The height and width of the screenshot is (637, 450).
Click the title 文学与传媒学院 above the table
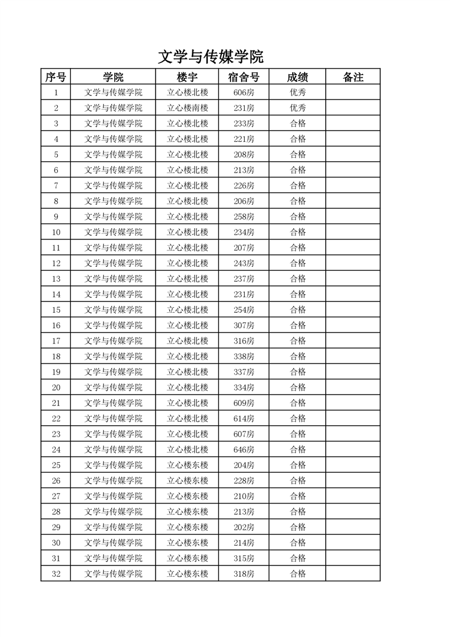click(x=211, y=57)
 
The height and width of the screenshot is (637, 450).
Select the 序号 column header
click(x=56, y=77)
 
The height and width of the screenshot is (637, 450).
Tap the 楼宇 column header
click(x=187, y=77)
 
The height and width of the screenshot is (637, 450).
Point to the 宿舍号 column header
click(x=244, y=77)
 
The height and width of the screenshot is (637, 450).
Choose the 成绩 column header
click(x=297, y=77)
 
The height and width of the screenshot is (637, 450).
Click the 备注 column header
click(x=353, y=77)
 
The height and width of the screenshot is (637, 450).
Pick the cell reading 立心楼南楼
click(x=187, y=108)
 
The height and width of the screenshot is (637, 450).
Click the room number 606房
click(x=244, y=93)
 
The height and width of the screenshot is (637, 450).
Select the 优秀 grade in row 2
click(x=297, y=108)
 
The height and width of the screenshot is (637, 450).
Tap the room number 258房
click(x=244, y=216)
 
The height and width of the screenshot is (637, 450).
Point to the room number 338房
click(x=244, y=357)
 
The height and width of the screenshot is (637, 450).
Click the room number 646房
click(x=244, y=450)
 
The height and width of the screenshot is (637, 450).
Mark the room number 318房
click(x=244, y=574)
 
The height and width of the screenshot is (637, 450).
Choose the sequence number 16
click(x=56, y=325)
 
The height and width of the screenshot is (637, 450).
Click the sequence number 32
click(x=56, y=574)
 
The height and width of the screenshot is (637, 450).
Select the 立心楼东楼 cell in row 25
click(x=187, y=465)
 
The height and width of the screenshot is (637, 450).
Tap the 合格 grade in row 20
click(x=297, y=387)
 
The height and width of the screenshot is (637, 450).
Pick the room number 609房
click(x=244, y=403)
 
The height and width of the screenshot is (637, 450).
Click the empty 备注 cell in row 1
click(x=353, y=93)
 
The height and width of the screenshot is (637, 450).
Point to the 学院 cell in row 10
click(x=113, y=232)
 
